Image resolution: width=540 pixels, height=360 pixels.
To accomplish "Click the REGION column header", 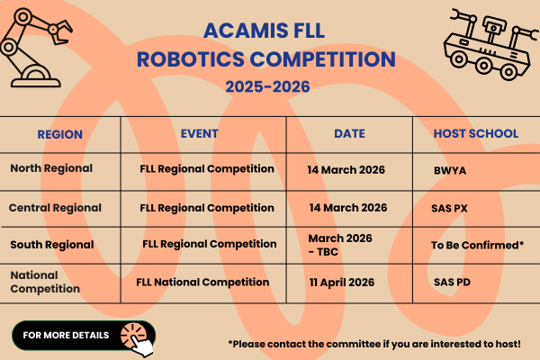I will click(59, 134).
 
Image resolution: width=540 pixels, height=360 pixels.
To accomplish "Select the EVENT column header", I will click(199, 133).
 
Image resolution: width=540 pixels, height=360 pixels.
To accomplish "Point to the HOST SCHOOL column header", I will click(475, 133).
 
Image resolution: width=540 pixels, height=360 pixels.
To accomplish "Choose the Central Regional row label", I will click(55, 208).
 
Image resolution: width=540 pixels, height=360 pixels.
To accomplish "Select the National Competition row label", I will click(46, 282).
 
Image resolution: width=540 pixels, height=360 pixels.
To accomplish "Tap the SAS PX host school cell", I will click(449, 208).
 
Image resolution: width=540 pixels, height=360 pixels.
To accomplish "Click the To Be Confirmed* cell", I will click(477, 244).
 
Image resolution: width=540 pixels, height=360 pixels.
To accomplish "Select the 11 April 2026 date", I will click(347, 283).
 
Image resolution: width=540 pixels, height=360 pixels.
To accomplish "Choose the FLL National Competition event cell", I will click(202, 282).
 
